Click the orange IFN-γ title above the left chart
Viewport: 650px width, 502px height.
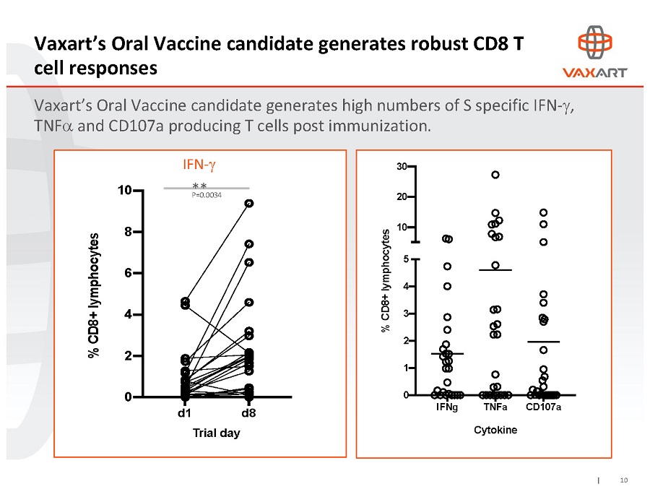[199, 165]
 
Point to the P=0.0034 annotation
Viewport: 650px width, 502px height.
[207, 195]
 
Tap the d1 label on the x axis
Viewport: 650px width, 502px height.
[184, 414]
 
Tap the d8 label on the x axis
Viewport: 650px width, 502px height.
[248, 414]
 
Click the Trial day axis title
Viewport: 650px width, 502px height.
[216, 433]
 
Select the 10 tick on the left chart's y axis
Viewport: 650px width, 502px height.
[124, 191]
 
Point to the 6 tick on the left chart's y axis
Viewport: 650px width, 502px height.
[128, 274]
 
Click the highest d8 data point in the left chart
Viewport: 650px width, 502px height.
[248, 204]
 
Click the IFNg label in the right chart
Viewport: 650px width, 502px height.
[447, 407]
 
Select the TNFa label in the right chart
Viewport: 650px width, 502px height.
[495, 407]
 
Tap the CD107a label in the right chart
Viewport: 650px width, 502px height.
[544, 407]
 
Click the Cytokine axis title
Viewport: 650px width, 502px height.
[495, 430]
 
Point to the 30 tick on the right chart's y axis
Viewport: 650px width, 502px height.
[400, 167]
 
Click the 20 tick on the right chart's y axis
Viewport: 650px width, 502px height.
[400, 196]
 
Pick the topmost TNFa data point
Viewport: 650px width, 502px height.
[495, 175]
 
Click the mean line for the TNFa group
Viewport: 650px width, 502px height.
[495, 270]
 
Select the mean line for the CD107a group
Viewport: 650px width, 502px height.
[544, 342]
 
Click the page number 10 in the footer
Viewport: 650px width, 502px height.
[624, 480]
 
